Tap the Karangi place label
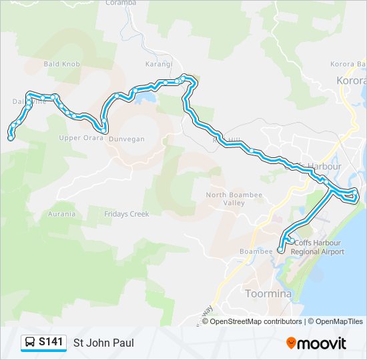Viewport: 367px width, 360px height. click(x=159, y=64)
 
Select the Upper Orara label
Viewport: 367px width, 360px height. click(x=79, y=138)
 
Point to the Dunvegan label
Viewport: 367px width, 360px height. click(x=126, y=139)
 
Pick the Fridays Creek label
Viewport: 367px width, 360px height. click(x=126, y=214)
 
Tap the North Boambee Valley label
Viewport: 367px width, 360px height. click(x=226, y=198)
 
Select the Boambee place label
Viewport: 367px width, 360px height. click(x=256, y=252)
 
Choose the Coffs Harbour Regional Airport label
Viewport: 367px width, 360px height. click(x=319, y=247)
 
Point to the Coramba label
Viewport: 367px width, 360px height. click(x=121, y=3)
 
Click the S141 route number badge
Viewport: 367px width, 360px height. click(x=51, y=342)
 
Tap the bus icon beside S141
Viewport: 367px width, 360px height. click(x=31, y=343)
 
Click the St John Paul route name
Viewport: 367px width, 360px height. click(x=103, y=343)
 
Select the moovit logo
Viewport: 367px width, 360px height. click(x=316, y=343)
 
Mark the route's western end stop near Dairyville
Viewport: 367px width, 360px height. click(x=11, y=137)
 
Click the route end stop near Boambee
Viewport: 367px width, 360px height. click(x=280, y=251)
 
